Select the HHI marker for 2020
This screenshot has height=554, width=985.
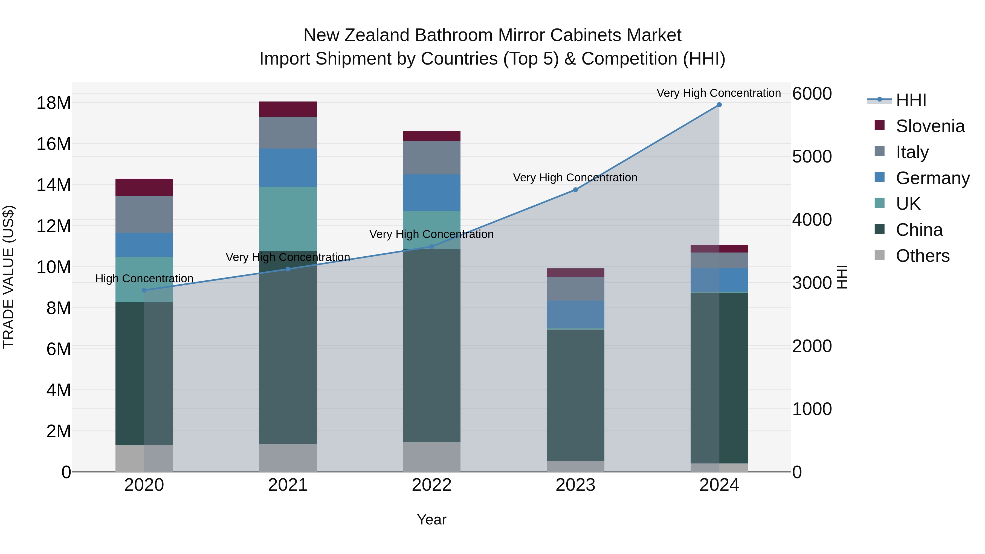tap(144, 290)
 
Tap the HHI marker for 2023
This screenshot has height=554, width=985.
tap(575, 190)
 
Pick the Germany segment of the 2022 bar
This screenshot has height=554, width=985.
tap(432, 193)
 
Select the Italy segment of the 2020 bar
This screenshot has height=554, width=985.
tap(144, 214)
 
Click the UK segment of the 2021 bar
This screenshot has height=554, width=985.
tap(288, 219)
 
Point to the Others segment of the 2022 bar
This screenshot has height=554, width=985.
tap(432, 457)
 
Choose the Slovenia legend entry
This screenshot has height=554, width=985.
tap(930, 126)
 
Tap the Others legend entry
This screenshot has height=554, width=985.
tap(922, 256)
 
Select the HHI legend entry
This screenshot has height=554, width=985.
tap(911, 100)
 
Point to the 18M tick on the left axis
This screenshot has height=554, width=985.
tap(54, 103)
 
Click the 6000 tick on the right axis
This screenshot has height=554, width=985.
tap(812, 94)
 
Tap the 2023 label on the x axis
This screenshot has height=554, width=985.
tap(575, 485)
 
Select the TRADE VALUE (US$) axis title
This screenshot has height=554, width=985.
tap(8, 277)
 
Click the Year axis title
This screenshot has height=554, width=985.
tap(432, 520)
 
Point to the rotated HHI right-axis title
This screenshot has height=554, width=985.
tap(842, 277)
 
